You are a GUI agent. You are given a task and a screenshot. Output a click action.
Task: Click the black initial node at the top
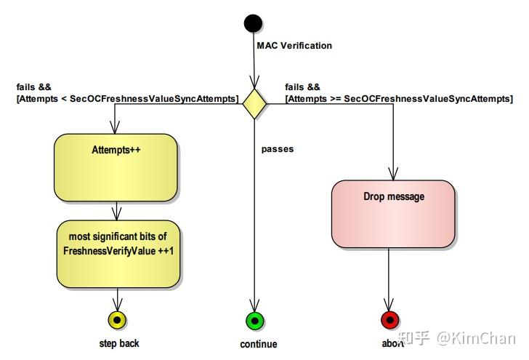(253, 23)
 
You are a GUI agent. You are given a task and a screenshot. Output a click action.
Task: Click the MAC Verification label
(294, 45)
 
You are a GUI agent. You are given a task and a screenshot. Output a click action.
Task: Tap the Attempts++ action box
(116, 167)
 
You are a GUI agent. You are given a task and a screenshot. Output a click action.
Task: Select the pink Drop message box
(393, 213)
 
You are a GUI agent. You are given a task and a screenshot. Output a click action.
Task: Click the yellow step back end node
(116, 319)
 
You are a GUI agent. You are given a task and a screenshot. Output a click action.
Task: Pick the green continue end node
(254, 320)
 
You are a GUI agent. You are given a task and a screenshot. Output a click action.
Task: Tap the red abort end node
(390, 320)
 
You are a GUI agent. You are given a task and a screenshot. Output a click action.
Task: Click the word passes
(278, 149)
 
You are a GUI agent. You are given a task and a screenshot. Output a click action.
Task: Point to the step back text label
(119, 343)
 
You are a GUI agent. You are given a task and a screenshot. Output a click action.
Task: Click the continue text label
(259, 344)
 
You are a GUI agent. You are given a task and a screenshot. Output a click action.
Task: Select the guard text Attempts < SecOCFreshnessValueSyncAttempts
(127, 98)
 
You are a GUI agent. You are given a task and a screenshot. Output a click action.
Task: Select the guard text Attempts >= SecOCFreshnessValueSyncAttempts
(398, 98)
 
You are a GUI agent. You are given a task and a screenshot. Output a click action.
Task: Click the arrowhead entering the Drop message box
(392, 175)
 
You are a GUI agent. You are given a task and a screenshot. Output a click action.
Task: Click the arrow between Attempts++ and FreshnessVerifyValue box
(116, 211)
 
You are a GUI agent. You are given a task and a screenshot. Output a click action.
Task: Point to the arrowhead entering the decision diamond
(254, 84)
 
